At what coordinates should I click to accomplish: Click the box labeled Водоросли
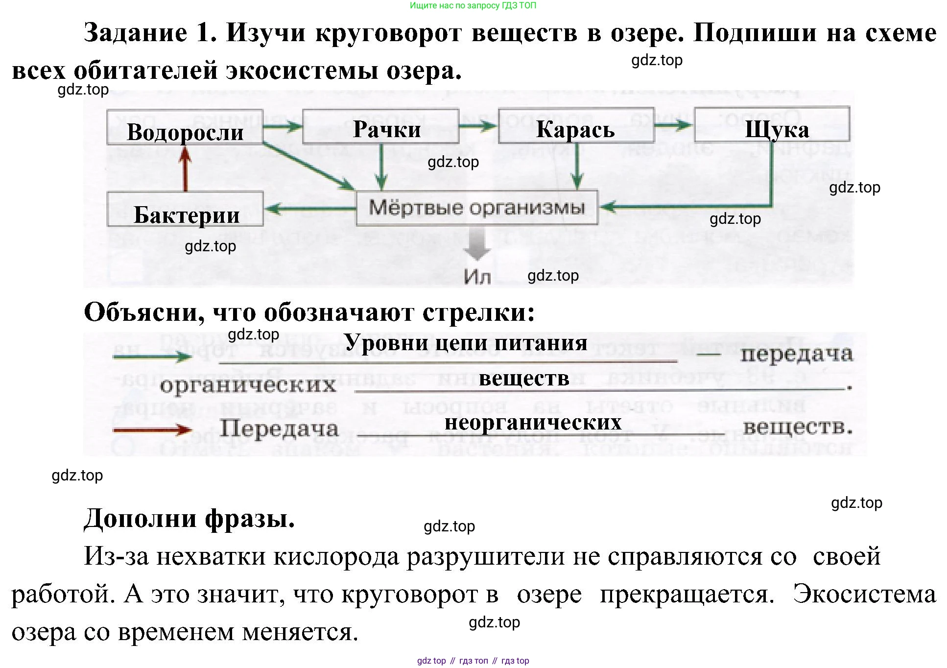pos(185,127)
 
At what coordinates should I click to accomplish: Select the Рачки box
pos(380,127)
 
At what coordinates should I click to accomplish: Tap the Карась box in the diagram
pos(576,126)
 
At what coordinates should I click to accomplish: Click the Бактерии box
pos(185,210)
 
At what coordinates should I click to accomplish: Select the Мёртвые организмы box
pos(476,208)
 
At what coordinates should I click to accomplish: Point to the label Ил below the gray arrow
pos(477,277)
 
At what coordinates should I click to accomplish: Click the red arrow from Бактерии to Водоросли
pos(185,169)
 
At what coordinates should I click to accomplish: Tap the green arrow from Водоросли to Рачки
pos(283,127)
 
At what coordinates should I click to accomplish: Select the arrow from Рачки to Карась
pos(478,126)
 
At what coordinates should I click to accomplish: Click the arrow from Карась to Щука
pos(674,125)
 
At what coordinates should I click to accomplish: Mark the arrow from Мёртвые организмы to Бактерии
pos(309,209)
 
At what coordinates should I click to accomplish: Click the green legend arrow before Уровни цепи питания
pos(152,357)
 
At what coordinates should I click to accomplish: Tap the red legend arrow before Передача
pos(152,430)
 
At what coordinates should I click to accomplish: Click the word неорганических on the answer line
pos(533,422)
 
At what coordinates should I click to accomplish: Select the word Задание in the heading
pos(136,33)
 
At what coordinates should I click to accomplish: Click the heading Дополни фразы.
pos(189,518)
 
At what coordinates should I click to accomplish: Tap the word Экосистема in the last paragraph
pos(864,594)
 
